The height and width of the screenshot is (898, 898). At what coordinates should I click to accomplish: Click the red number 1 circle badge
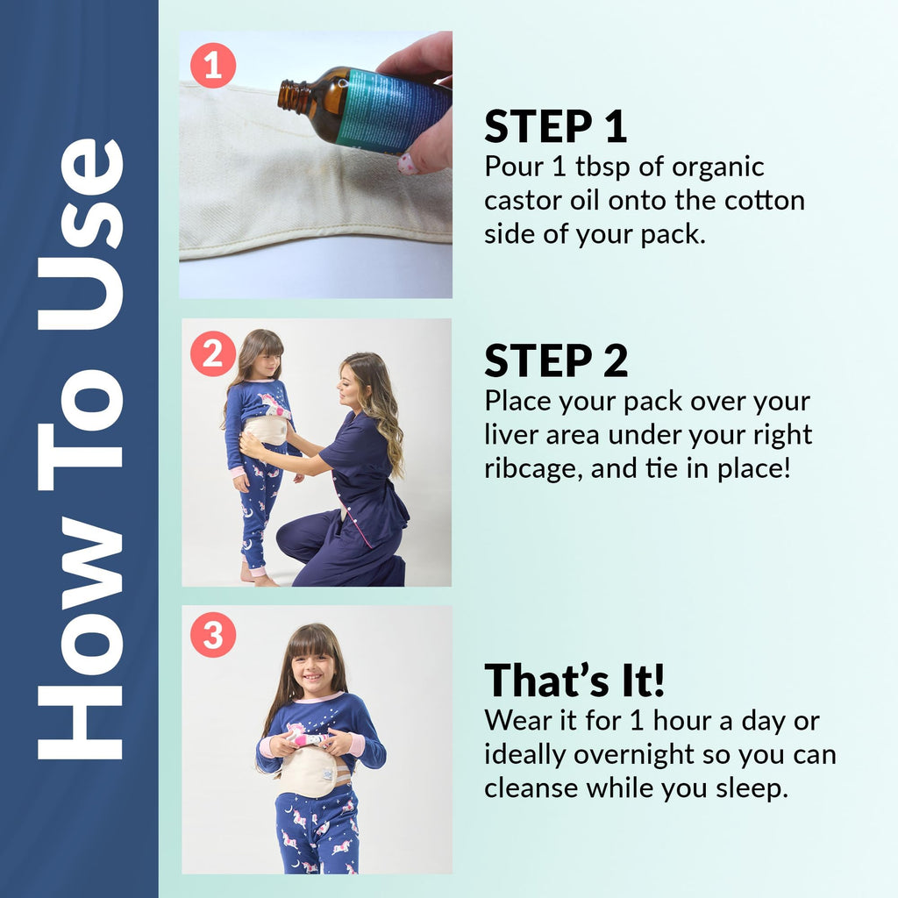click(213, 65)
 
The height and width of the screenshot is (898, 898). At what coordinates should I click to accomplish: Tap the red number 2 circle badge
click(213, 353)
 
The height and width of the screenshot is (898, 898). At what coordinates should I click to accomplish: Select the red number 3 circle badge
click(213, 635)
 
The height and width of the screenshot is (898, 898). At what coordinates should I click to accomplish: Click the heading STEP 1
click(555, 126)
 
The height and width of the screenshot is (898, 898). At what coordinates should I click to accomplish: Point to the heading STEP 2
click(556, 360)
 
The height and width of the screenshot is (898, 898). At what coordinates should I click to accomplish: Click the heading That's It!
click(574, 681)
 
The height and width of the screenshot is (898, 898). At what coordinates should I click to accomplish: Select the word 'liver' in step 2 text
click(511, 435)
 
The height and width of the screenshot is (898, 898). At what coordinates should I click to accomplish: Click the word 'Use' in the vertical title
click(81, 233)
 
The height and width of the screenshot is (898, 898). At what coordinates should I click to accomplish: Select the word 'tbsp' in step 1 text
click(602, 167)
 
